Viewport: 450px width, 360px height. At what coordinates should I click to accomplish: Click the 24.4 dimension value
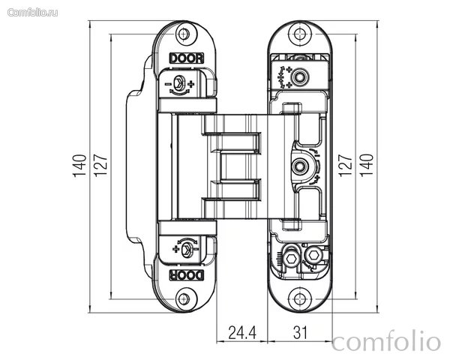click(x=242, y=333)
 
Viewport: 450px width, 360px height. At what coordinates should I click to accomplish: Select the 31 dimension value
click(x=300, y=333)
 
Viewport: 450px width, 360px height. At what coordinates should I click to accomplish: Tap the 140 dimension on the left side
click(x=79, y=166)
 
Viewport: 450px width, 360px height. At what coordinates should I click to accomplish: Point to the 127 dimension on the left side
click(x=100, y=165)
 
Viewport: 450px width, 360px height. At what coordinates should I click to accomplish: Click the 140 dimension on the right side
click(x=367, y=165)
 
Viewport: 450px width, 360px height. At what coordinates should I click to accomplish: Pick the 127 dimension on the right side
click(x=345, y=165)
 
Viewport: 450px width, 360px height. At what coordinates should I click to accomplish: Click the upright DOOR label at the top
click(x=187, y=58)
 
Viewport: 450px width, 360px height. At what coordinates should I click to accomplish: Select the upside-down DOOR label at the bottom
click(x=187, y=275)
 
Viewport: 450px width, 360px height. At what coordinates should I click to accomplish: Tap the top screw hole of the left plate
click(x=184, y=34)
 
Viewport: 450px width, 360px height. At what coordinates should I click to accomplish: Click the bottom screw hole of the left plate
click(x=184, y=298)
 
